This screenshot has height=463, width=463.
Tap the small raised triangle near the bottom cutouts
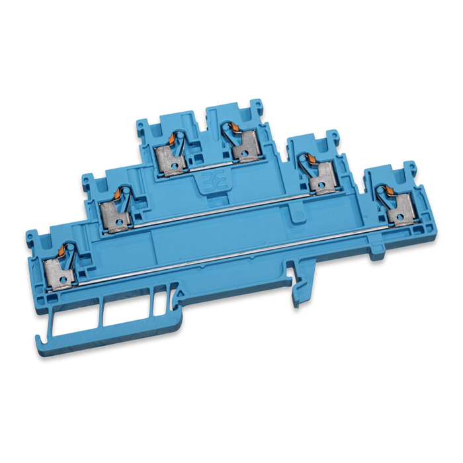177,291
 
